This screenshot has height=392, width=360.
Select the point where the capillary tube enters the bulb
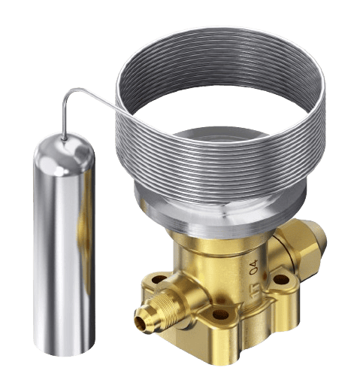click(x=64, y=141)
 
